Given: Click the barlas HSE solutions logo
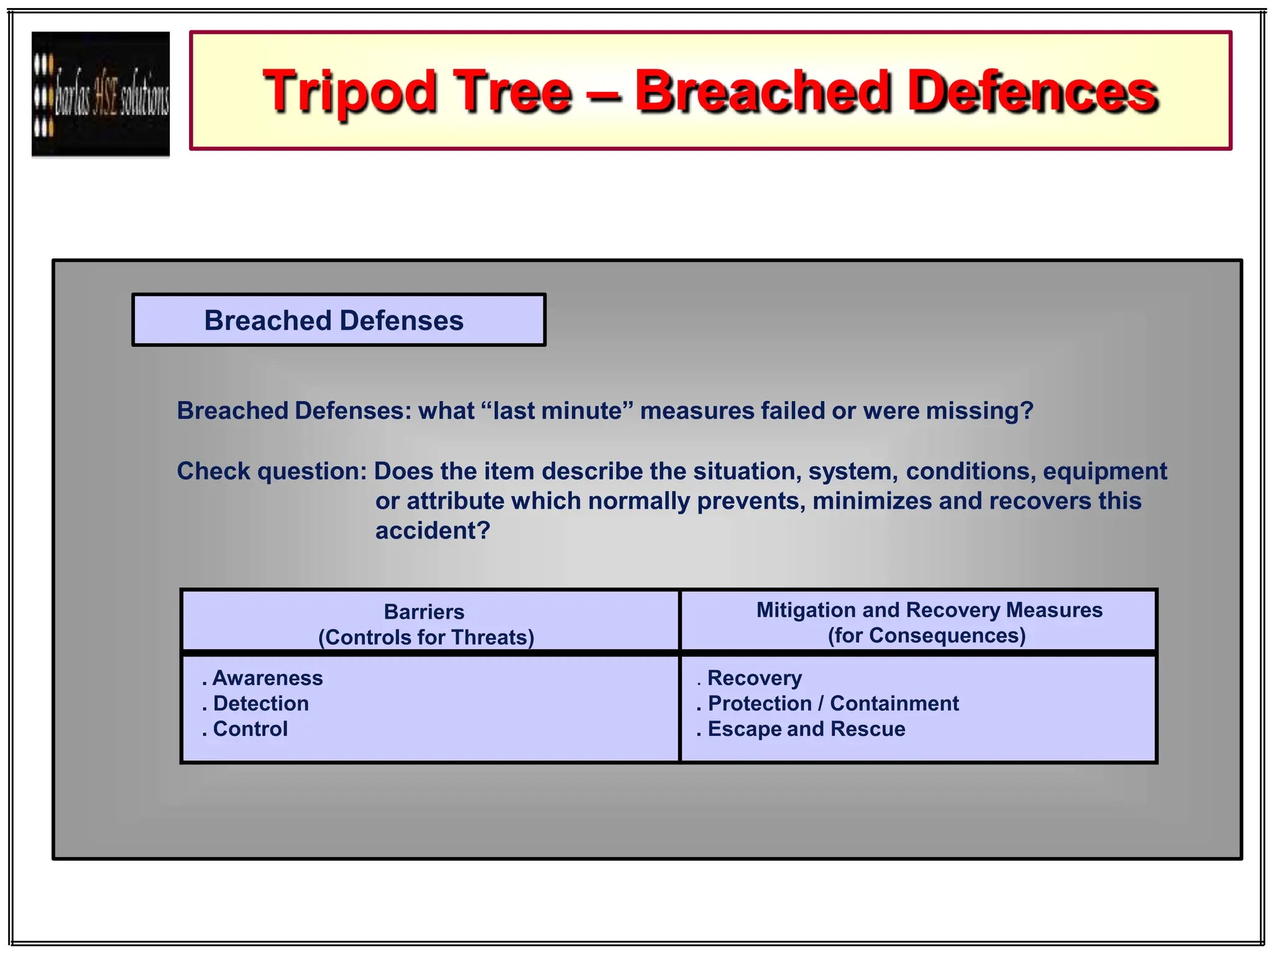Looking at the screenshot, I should [101, 94].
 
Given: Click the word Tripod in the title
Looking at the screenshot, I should [350, 92].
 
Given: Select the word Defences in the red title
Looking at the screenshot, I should [1032, 92].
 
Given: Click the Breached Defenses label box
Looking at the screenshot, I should [339, 320].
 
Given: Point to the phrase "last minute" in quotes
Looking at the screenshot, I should [557, 411].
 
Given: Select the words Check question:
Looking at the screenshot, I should [272, 471].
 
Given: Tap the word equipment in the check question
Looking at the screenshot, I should [1105, 471].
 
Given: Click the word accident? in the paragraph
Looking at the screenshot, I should [433, 531].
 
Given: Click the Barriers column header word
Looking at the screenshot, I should [424, 612].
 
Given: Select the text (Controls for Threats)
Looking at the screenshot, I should [426, 637].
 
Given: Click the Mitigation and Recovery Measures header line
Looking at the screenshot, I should [929, 610].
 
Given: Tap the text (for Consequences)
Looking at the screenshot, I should [926, 635].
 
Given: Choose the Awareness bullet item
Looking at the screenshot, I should [267, 678].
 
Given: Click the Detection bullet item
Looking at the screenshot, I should [260, 704].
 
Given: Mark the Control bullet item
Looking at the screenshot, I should [250, 729].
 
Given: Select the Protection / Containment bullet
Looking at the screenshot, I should [833, 704].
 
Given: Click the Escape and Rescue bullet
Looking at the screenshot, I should [806, 729].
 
